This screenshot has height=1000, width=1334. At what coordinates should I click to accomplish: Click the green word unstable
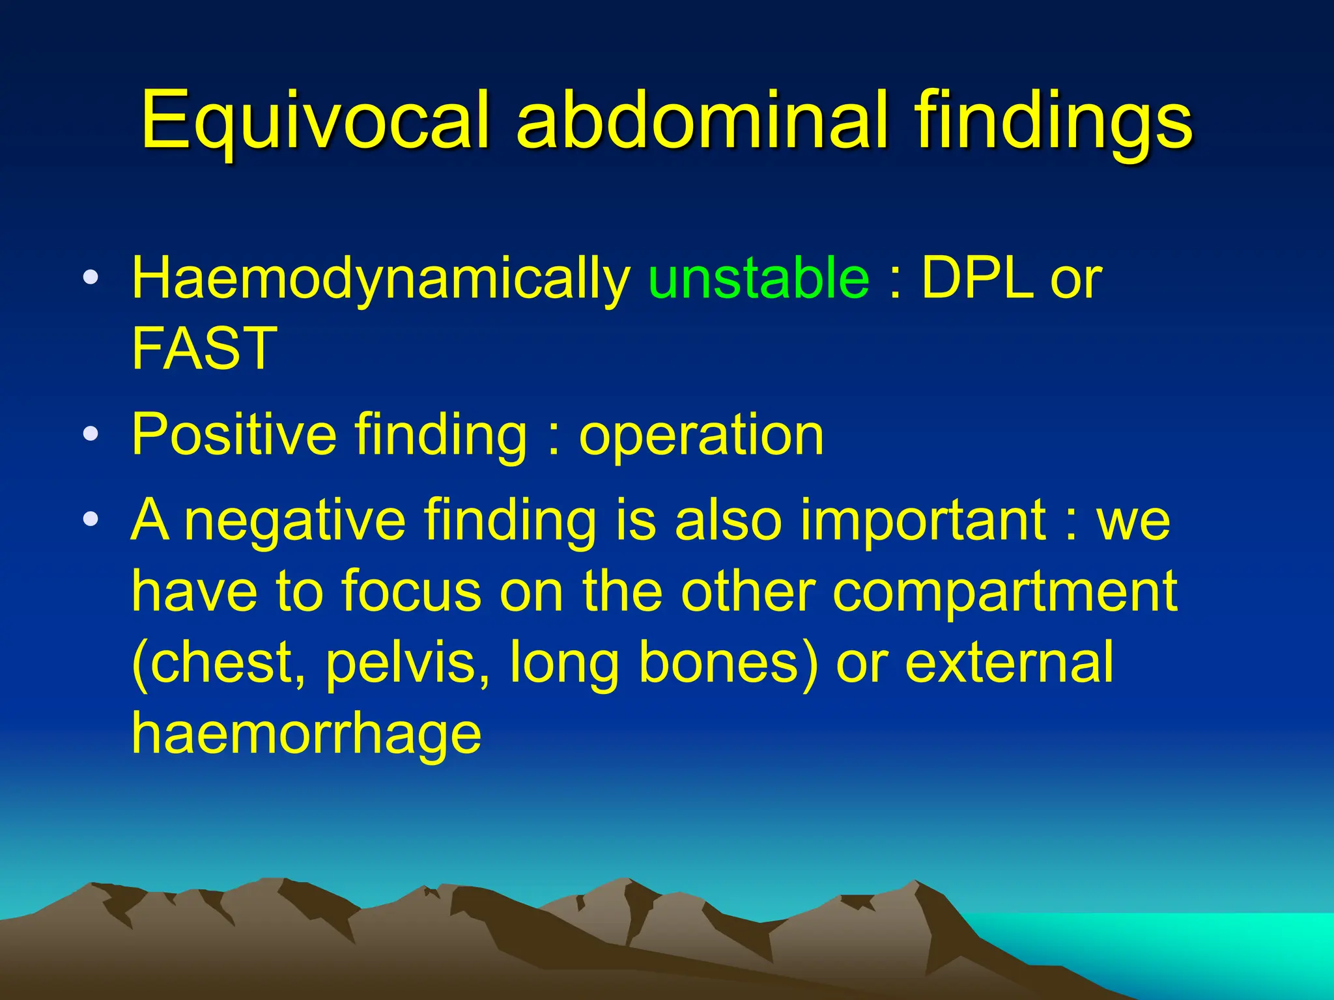tap(758, 279)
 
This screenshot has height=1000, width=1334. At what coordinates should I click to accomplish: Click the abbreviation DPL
tap(977, 279)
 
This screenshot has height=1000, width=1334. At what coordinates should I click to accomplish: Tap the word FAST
tap(205, 348)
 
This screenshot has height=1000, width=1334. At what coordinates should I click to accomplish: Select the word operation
tap(701, 435)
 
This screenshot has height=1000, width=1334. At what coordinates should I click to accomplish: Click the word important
tap(922, 521)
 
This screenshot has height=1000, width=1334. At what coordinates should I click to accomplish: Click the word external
tap(1009, 662)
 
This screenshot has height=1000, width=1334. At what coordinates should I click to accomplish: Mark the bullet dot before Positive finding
tap(91, 433)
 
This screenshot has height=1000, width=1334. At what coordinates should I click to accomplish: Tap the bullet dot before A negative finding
tap(91, 520)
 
